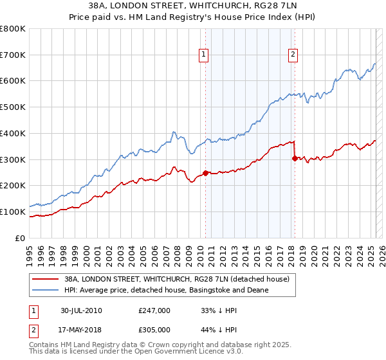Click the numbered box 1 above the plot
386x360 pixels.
click(x=203, y=55)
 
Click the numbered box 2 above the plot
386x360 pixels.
click(x=293, y=55)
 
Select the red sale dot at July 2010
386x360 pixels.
click(x=206, y=173)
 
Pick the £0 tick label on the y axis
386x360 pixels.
click(x=21, y=238)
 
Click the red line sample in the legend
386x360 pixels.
click(x=45, y=279)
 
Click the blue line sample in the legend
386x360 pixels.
click(x=45, y=290)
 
